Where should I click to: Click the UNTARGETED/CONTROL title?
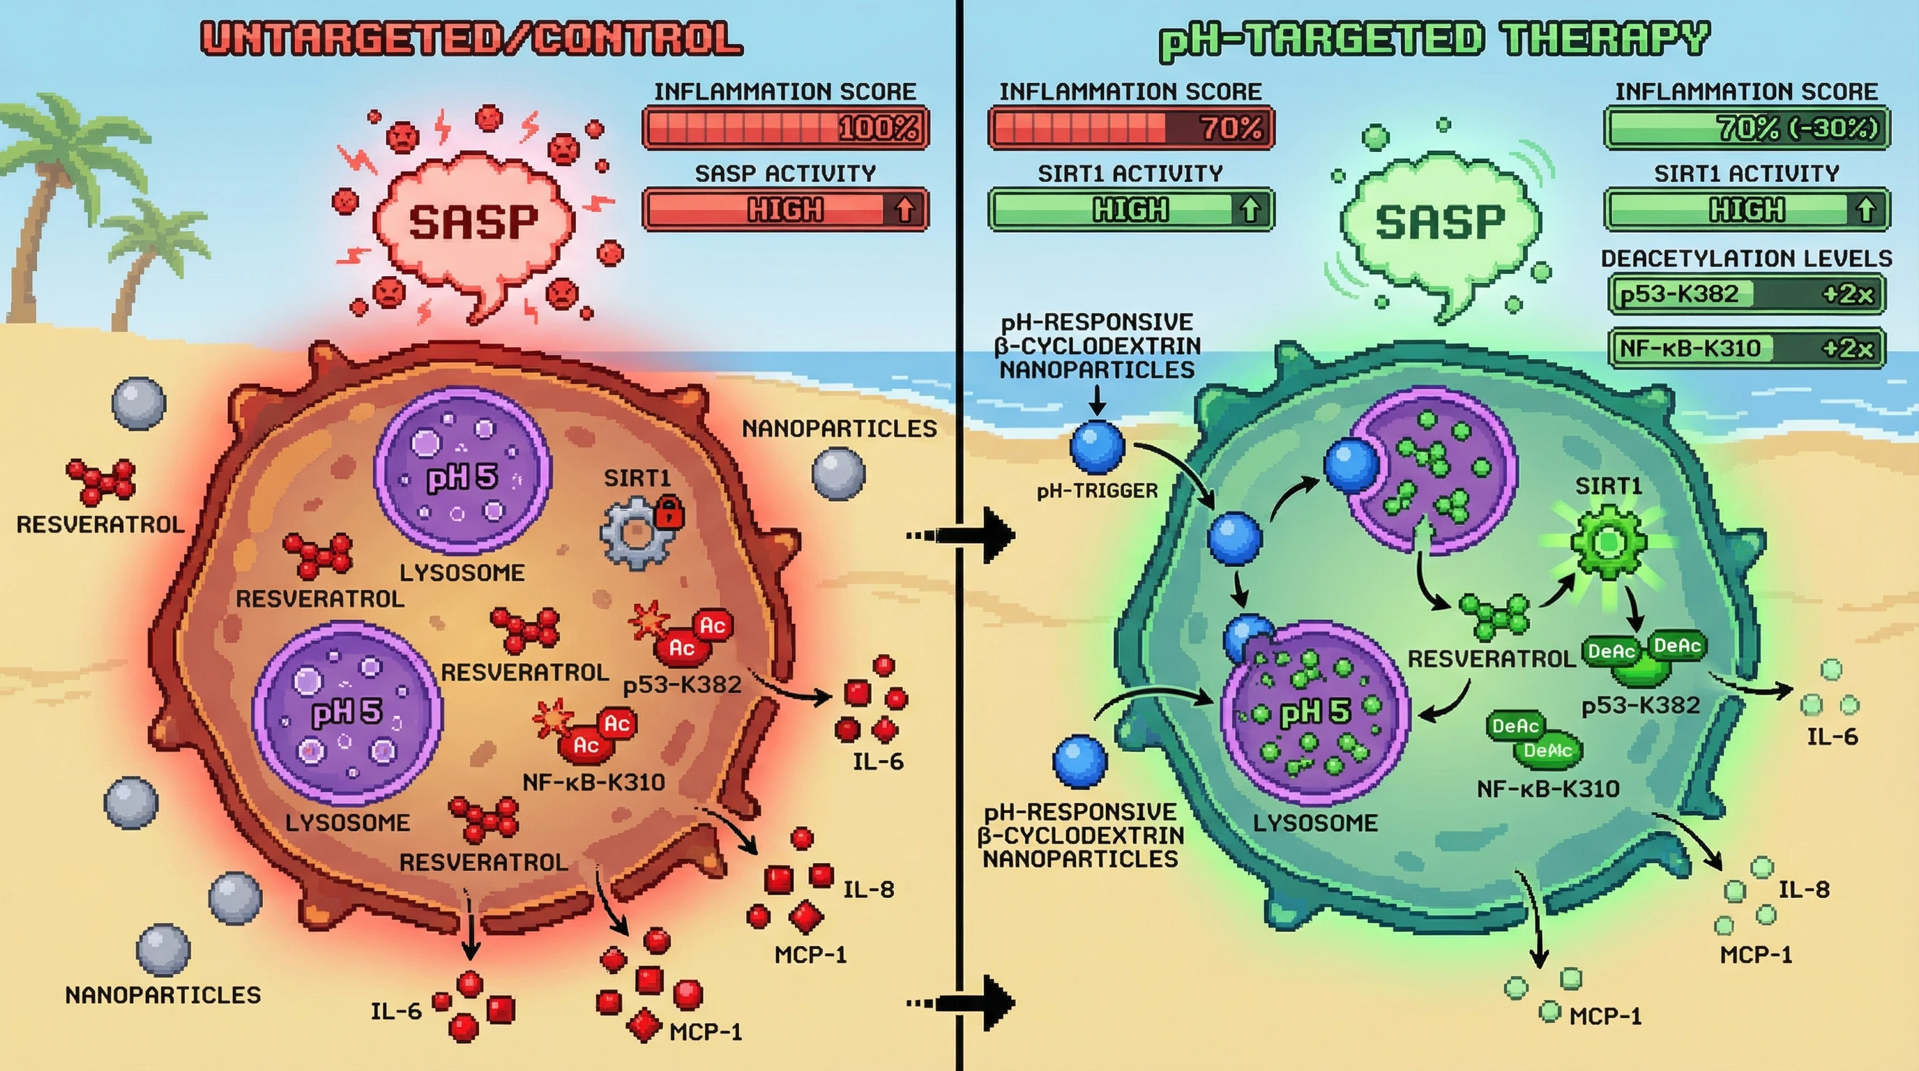[x=471, y=39]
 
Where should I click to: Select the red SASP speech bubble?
[x=473, y=223]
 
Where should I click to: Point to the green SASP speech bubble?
[x=1439, y=223]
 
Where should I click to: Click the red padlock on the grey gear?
[x=668, y=512]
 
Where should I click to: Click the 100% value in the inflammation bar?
[x=879, y=128]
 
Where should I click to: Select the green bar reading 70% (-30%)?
[x=1746, y=128]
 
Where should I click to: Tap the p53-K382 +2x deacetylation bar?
[x=1746, y=294]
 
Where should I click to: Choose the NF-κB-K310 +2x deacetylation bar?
[x=1746, y=348]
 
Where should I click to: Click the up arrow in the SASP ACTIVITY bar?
[x=904, y=209]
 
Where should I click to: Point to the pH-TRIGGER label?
[x=1098, y=491]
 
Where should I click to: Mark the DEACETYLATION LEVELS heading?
[x=1746, y=259]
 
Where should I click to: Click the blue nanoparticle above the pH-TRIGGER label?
[x=1098, y=447]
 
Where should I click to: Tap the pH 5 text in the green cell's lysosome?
[x=1315, y=713]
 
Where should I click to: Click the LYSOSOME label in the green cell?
[x=1315, y=823]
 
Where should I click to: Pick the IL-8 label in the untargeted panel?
[x=868, y=889]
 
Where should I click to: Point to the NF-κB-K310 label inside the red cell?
[x=593, y=782]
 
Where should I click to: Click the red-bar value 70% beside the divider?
[x=1232, y=128]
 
